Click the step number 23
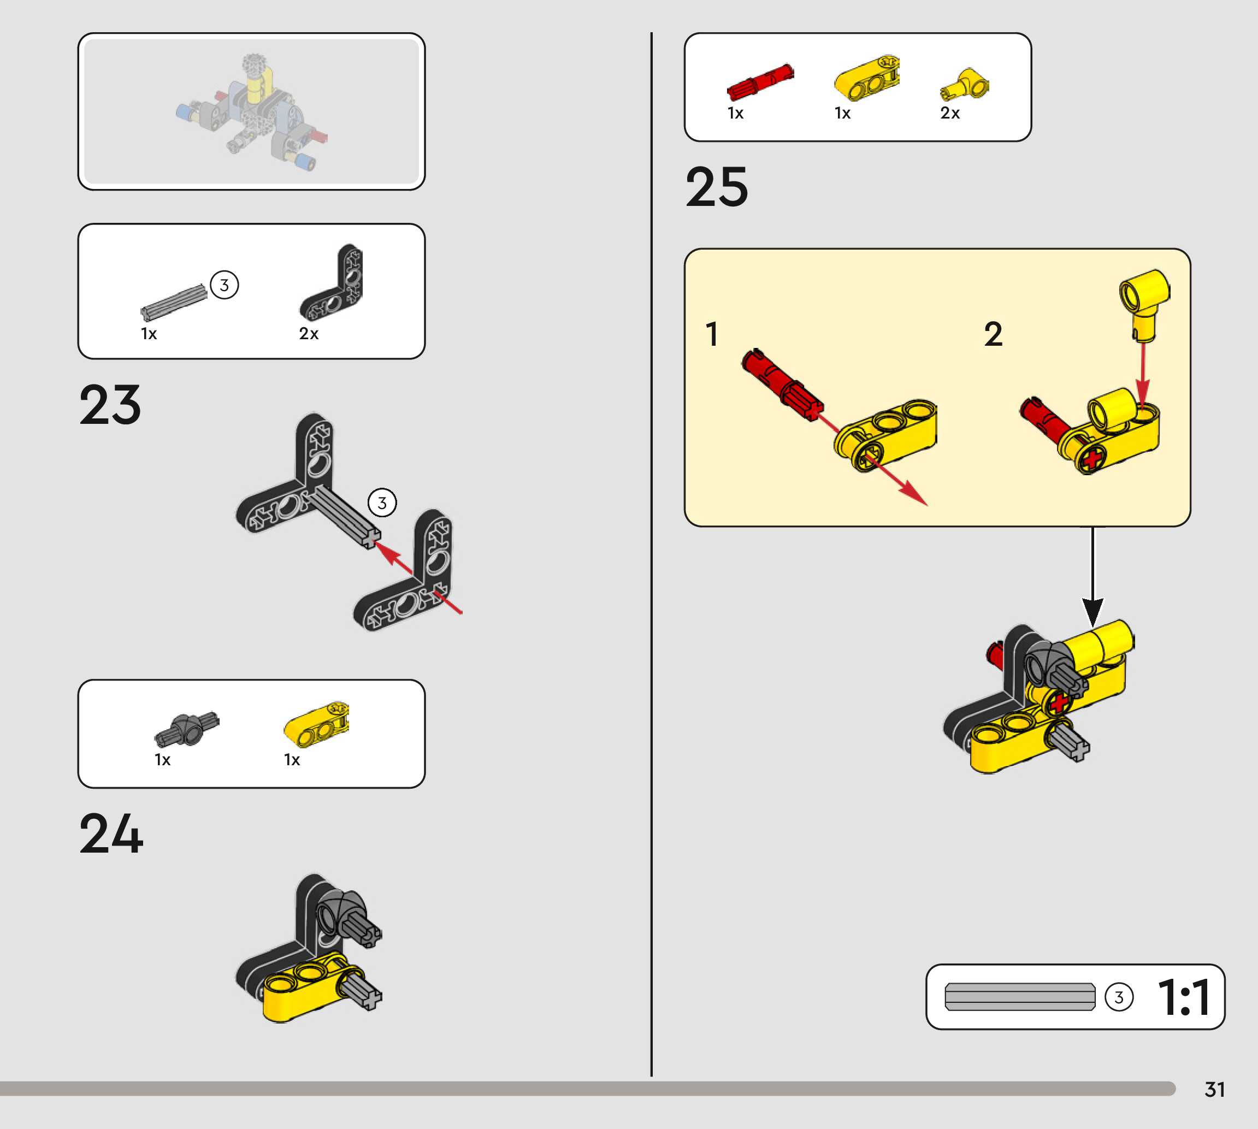(110, 405)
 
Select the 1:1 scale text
(1184, 997)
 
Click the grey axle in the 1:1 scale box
(1019, 997)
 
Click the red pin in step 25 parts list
(760, 82)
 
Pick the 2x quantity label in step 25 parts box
(950, 113)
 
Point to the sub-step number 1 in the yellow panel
(712, 334)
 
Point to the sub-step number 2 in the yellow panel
(993, 334)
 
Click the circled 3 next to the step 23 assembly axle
(382, 503)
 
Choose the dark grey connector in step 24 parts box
(186, 728)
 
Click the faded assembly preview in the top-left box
(251, 111)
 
